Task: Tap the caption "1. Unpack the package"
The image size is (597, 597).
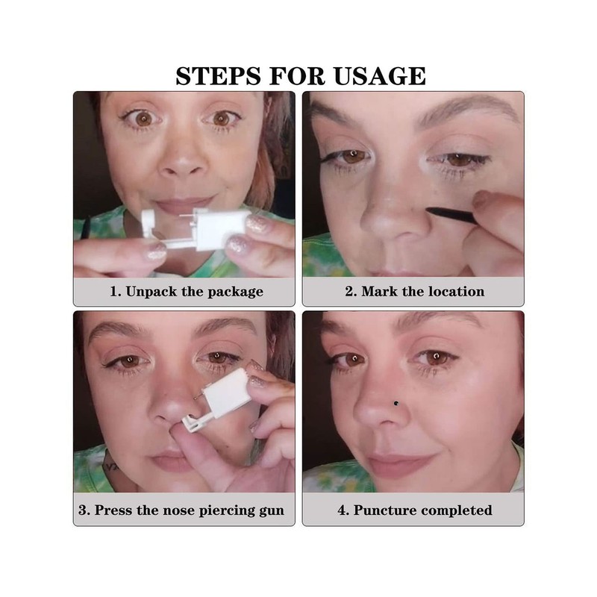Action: tap(186, 291)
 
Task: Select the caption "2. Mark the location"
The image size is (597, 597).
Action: tap(414, 291)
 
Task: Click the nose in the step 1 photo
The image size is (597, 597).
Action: tap(176, 164)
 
